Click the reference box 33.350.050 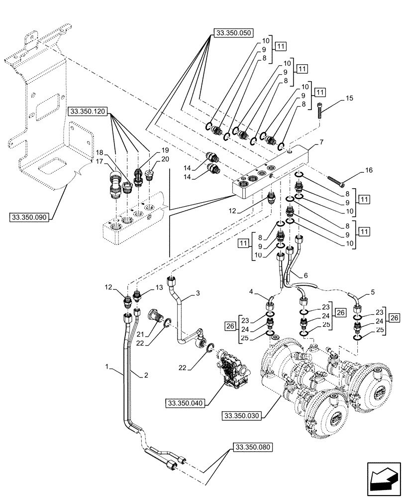233,33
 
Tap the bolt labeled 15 319,110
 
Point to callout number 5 371,292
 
